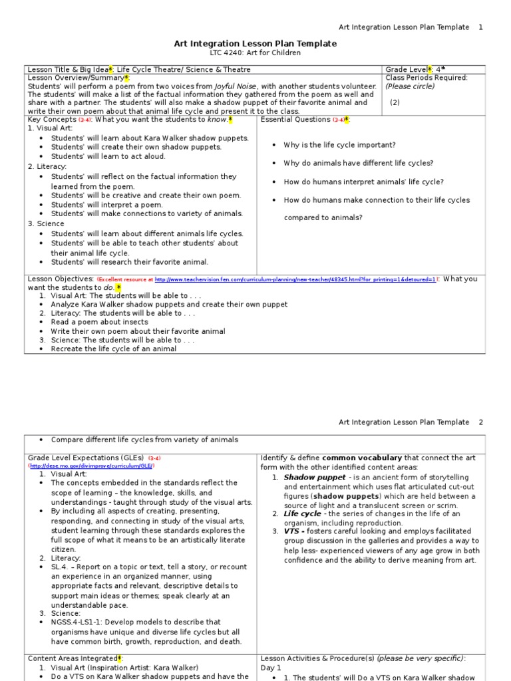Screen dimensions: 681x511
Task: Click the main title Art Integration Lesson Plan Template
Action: tap(255, 43)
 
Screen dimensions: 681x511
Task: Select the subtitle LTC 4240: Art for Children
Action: tap(255, 53)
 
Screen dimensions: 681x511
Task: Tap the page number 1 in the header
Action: tap(481, 27)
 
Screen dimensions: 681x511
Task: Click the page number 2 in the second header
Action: tap(481, 422)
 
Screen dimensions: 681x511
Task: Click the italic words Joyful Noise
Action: tap(238, 86)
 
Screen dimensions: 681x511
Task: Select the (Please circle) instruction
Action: tap(409, 86)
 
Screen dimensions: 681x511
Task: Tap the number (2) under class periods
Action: tap(395, 102)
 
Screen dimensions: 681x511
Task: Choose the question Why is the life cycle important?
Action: tap(339, 145)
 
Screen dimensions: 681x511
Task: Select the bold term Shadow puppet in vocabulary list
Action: tap(305, 477)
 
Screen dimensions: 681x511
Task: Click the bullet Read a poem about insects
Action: tap(99, 322)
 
